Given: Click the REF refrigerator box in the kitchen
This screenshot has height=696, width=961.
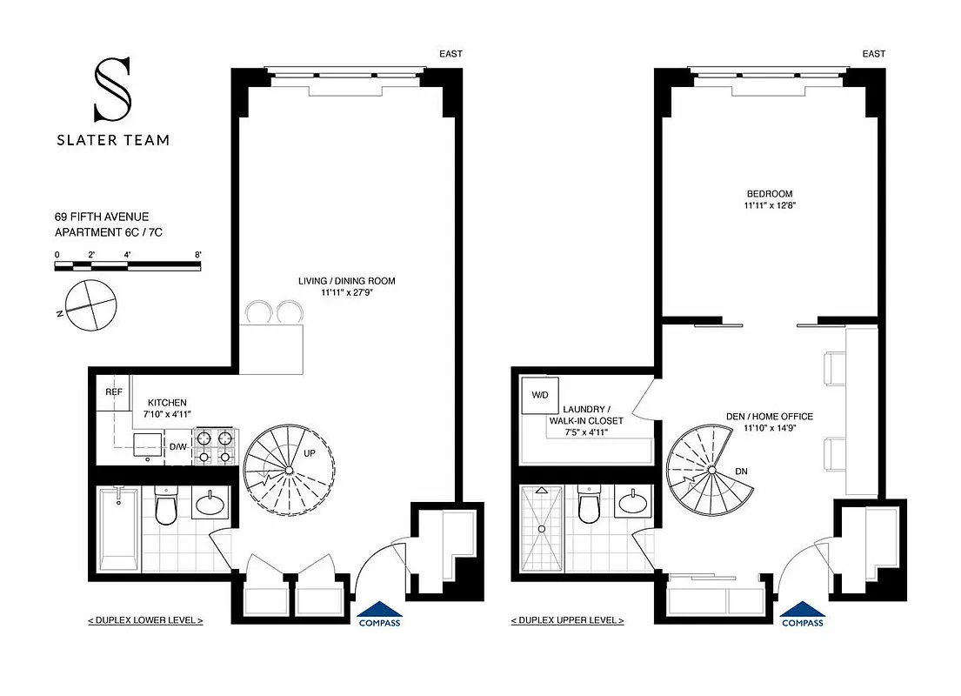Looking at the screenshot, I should click(113, 392).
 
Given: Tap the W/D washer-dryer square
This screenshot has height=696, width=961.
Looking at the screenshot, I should click(538, 394).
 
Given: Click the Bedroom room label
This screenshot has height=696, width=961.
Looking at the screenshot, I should click(769, 194).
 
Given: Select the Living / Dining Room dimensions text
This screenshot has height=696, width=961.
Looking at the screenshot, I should click(346, 294).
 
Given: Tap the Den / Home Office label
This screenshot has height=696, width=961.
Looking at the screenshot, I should click(769, 417).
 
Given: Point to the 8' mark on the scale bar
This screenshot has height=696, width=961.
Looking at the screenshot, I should click(198, 255).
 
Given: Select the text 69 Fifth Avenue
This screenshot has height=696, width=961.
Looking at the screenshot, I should click(102, 217).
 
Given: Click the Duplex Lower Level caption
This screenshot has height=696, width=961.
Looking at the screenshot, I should click(145, 620).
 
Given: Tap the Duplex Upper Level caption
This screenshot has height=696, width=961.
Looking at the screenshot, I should click(568, 620).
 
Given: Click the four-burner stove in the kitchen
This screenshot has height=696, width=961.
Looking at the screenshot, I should click(214, 446).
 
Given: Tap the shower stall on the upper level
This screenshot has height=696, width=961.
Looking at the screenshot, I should click(541, 528).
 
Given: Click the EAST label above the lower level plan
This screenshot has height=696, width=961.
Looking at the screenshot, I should click(450, 54).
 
